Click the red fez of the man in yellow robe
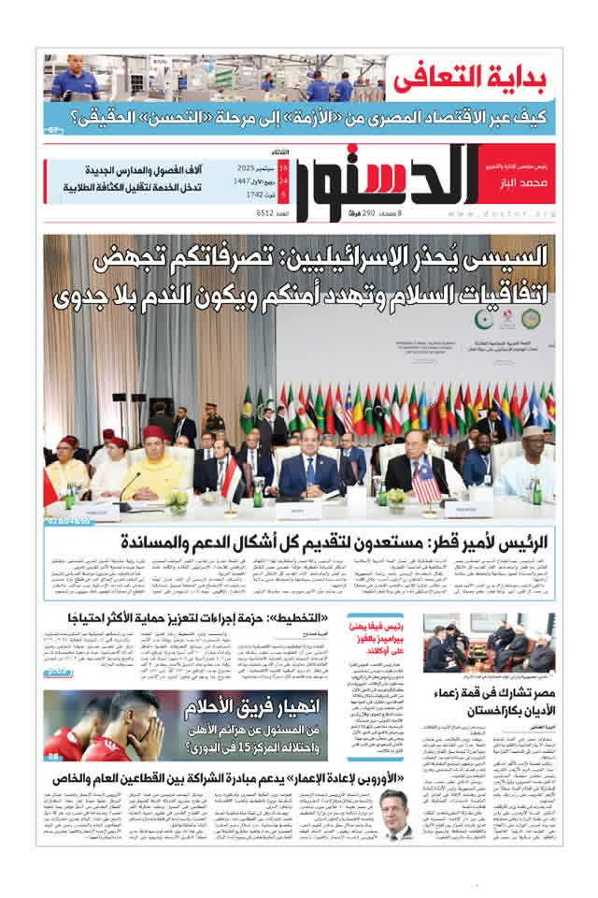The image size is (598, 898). pyautogui.click(x=156, y=432)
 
